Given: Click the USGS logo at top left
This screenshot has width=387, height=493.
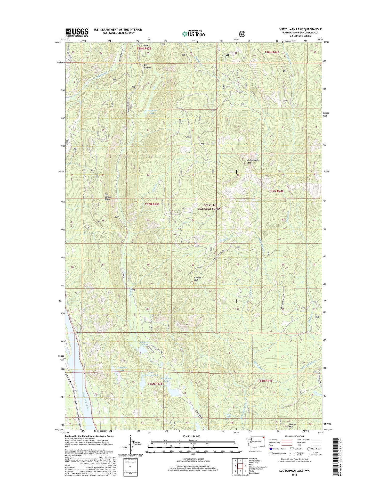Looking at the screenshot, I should tap(77, 32).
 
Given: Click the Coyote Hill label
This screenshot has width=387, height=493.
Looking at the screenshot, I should tap(198, 279).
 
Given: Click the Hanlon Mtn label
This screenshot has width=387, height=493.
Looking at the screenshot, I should tap(292, 425).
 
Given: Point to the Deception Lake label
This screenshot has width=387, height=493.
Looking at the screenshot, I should tap(151, 112).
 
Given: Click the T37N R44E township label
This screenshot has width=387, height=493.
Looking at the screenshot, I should tap(276, 191).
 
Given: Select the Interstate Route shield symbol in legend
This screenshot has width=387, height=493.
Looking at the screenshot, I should tap(271, 449).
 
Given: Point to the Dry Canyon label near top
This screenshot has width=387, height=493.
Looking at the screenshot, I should tap(147, 66).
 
